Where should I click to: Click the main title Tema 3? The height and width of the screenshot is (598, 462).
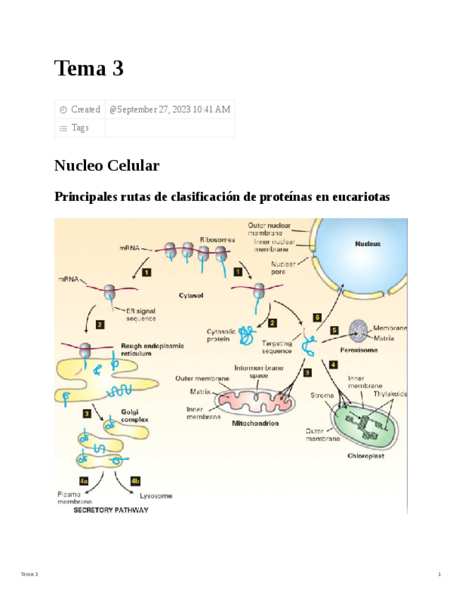pos(89,68)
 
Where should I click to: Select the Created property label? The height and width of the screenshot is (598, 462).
pos(85,109)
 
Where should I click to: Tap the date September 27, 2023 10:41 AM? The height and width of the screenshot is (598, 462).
pos(169,109)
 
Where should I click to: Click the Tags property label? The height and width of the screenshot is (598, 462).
pos(80,128)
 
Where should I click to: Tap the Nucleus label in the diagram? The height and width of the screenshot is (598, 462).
pos(367,244)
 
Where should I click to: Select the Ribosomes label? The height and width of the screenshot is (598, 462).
pos(217,240)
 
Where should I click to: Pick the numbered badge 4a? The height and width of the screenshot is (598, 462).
pos(84,480)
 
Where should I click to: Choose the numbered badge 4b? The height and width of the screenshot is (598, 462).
pos(136,480)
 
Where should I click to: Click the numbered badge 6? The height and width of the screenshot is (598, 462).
pos(318,318)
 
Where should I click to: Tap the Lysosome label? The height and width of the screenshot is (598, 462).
pos(156,496)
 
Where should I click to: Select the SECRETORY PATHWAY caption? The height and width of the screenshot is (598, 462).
pos(111,510)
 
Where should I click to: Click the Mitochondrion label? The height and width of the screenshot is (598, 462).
pos(255,424)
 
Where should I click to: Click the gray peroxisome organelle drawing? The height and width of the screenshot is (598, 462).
pos(358,332)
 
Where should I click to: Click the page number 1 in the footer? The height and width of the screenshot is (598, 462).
pos(439,575)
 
